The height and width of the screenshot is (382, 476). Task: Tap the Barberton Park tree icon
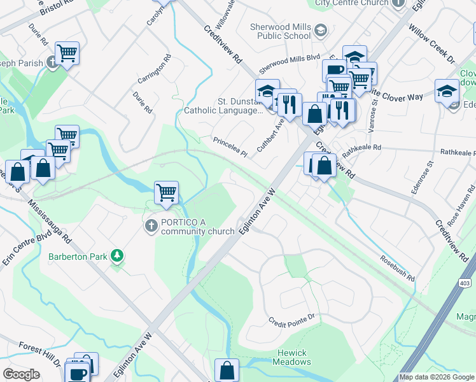click(x=116, y=256)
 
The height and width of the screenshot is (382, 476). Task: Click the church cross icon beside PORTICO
click(x=151, y=226)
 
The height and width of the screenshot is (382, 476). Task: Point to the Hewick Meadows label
click(x=291, y=357)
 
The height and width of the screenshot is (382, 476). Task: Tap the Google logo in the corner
click(x=21, y=374)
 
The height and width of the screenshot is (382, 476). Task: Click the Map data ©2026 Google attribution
click(x=437, y=377)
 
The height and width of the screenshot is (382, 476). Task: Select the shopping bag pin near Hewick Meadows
click(x=227, y=369)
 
